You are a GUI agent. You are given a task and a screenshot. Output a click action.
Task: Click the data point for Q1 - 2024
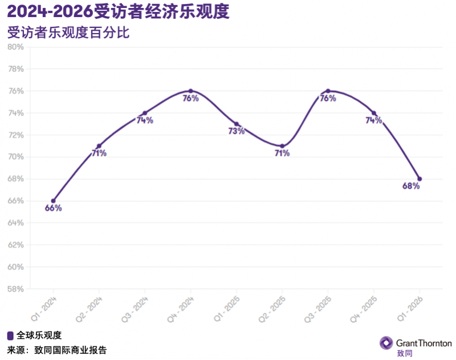[x=54, y=201]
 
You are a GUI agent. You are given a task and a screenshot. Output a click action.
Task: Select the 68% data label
[x=411, y=186]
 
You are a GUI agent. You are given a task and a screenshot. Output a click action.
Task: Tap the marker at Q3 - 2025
[x=328, y=91]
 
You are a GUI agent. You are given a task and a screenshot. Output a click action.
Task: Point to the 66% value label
[x=53, y=208]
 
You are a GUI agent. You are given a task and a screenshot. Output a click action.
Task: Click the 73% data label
[x=237, y=131]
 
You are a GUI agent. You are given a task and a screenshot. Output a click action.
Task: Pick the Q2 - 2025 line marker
[x=282, y=146]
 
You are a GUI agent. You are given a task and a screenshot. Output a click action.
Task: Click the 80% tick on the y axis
[x=15, y=47]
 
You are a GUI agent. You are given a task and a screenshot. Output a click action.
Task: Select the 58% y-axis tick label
[x=15, y=289]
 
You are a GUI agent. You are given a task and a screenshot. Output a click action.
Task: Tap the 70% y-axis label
[x=15, y=157]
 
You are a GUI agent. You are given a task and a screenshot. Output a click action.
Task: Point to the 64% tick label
[x=15, y=223]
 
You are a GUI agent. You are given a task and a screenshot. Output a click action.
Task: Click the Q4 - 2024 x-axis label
[x=180, y=309]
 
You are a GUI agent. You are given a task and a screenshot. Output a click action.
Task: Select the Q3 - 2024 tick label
[x=134, y=309]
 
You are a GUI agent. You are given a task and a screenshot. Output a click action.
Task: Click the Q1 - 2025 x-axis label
[x=226, y=309]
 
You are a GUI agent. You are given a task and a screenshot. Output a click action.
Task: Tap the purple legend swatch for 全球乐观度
[x=10, y=335]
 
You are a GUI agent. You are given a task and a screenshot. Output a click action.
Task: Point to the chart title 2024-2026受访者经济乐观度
[x=119, y=11]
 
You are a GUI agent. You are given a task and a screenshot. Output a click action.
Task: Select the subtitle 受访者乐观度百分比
[x=68, y=33]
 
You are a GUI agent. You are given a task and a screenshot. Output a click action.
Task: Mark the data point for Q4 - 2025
[x=374, y=113]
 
